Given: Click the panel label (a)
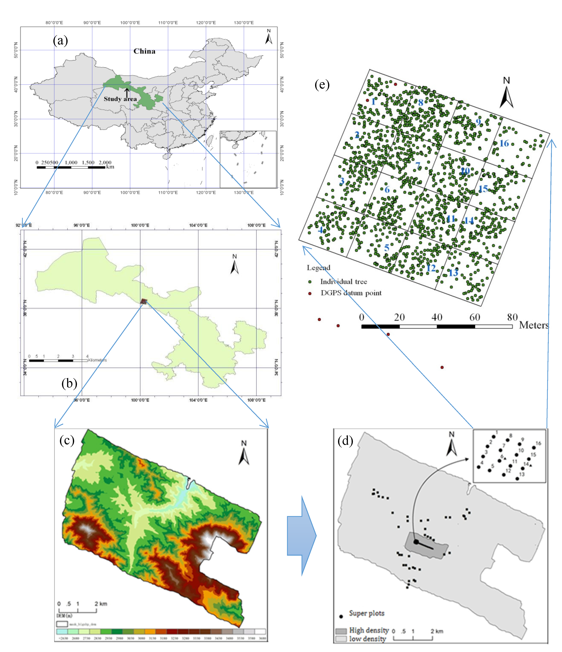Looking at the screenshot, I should pyautogui.click(x=60, y=41).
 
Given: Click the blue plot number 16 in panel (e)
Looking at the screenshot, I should pyautogui.click(x=504, y=143).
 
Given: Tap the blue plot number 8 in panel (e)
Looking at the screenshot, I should pyautogui.click(x=421, y=102).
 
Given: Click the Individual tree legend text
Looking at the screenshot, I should pyautogui.click(x=343, y=282).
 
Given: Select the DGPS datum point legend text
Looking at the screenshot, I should pyautogui.click(x=351, y=293).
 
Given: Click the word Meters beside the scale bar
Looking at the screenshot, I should pyautogui.click(x=534, y=325).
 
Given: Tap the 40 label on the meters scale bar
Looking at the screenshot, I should pyautogui.click(x=437, y=317).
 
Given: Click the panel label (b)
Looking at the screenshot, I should pyautogui.click(x=69, y=383).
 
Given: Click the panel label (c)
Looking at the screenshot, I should pyautogui.click(x=67, y=440).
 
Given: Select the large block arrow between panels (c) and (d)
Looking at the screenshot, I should pyautogui.click(x=302, y=536).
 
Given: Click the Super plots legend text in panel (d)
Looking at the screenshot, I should pyautogui.click(x=367, y=613).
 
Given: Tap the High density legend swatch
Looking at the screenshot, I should pyautogui.click(x=341, y=631).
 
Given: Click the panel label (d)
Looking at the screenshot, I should pyautogui.click(x=345, y=441).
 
